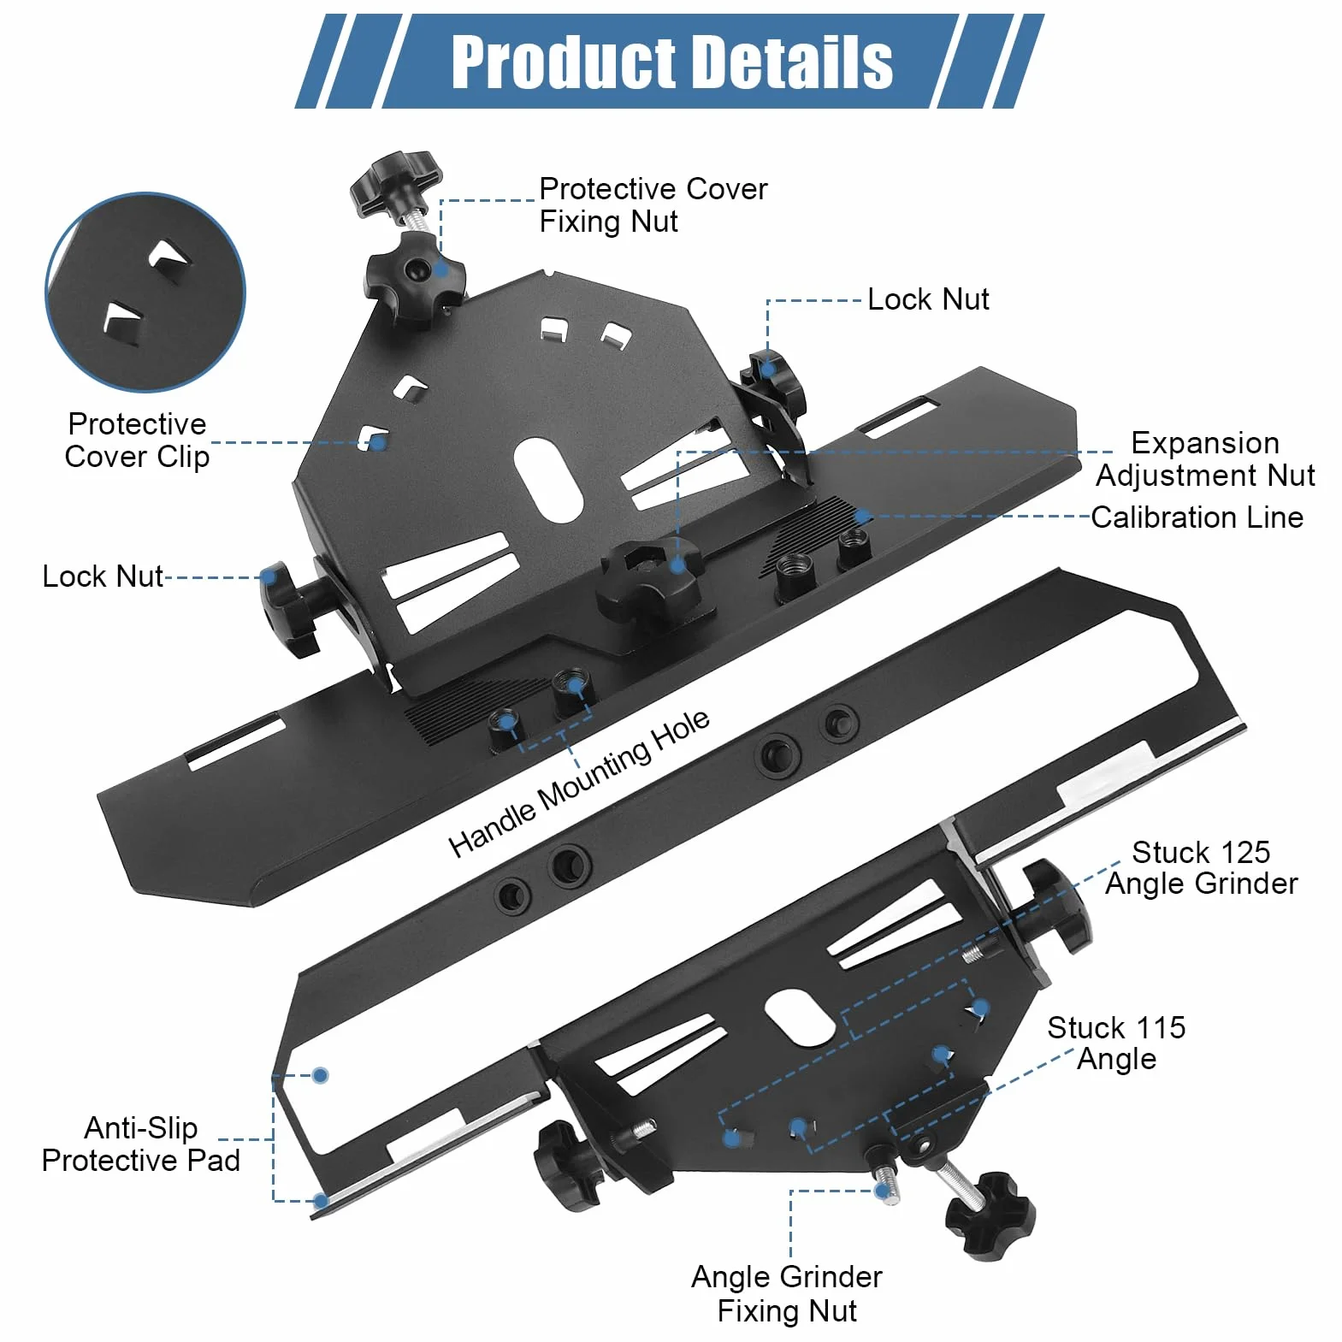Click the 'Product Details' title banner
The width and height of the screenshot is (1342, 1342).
point(670,61)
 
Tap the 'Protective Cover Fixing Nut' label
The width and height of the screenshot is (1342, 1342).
point(653,205)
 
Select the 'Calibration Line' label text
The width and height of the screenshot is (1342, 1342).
point(1197,517)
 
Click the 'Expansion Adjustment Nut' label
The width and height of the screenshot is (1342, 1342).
point(1205,458)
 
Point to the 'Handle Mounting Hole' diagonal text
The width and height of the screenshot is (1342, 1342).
point(578,783)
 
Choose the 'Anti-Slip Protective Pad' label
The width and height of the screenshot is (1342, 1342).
point(140,1144)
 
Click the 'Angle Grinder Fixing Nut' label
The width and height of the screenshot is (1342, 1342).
point(787,1293)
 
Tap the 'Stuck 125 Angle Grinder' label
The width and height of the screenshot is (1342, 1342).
point(1201,867)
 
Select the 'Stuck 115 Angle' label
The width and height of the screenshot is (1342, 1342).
point(1116,1043)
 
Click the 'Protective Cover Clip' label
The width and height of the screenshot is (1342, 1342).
point(137,440)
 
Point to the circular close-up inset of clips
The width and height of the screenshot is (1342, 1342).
point(145,293)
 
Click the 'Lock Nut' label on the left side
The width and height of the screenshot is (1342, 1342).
point(102,576)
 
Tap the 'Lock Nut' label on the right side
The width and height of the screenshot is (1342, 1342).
point(928,299)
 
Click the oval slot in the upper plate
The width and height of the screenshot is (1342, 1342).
point(548,480)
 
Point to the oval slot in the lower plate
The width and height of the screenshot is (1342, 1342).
point(800,1018)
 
